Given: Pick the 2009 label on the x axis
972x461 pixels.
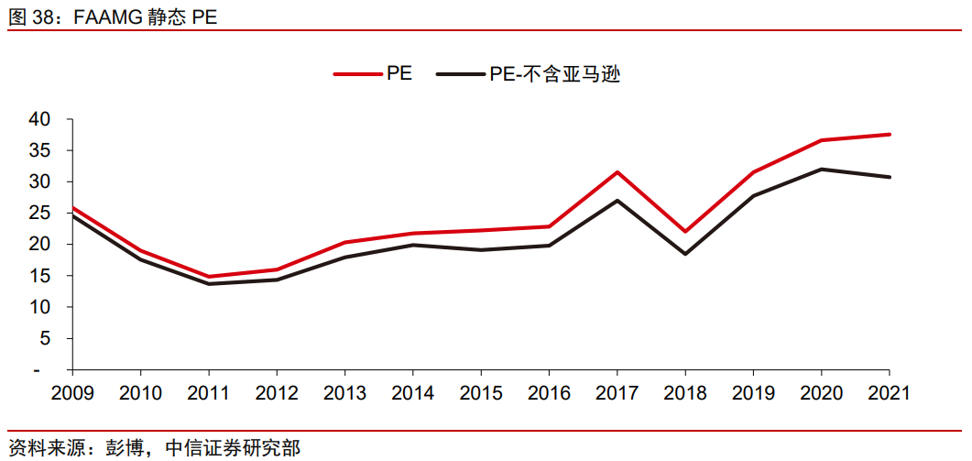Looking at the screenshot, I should [x=72, y=393].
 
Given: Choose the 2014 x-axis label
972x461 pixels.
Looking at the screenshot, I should [x=413, y=393].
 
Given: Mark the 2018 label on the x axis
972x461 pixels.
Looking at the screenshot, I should [x=685, y=393].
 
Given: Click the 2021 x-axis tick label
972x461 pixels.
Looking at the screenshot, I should [x=889, y=393].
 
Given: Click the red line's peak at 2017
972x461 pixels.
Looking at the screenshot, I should [x=617, y=172].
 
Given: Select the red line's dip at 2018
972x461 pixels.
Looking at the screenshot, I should [x=685, y=231].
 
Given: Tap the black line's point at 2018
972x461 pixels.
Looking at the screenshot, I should [x=685, y=254].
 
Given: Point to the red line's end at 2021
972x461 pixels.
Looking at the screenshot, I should [x=889, y=135].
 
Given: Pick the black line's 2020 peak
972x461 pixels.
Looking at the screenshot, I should [x=821, y=169].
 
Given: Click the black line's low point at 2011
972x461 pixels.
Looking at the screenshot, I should [x=209, y=284].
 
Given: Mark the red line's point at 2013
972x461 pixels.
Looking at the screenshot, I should [x=344, y=242].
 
